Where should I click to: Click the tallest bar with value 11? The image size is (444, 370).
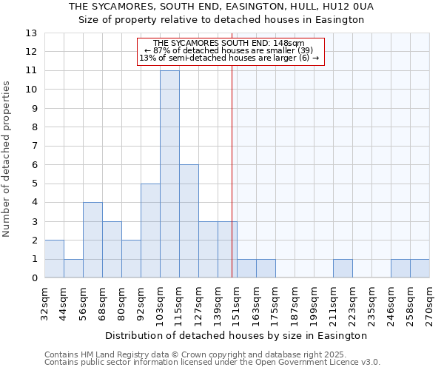click(x=169, y=174)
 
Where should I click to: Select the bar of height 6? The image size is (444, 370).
click(x=189, y=221)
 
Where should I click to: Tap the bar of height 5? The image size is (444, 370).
click(x=150, y=231)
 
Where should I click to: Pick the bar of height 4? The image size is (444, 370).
click(x=92, y=240)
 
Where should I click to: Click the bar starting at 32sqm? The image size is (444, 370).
click(x=54, y=259)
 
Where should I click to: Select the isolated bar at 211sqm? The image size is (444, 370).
click(x=343, y=269)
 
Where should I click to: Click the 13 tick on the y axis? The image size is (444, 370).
click(x=30, y=33)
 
